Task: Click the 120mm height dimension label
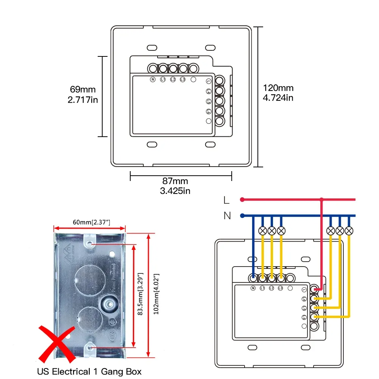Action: pyautogui.click(x=278, y=88)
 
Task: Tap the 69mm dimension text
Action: pyautogui.click(x=83, y=90)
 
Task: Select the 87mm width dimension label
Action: pyautogui.click(x=175, y=181)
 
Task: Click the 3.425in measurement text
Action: pyautogui.click(x=175, y=190)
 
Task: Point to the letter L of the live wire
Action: pyautogui.click(x=226, y=200)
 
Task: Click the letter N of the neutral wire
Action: pyautogui.click(x=227, y=216)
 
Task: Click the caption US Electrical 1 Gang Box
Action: pyautogui.click(x=89, y=371)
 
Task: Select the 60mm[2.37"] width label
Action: pyautogui.click(x=89, y=221)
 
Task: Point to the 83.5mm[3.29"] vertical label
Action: pyautogui.click(x=141, y=294)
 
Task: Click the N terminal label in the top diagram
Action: pyautogui.click(x=153, y=80)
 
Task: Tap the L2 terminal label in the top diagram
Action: pyautogui.click(x=173, y=80)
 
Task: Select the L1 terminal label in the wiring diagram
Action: pyautogui.click(x=262, y=289)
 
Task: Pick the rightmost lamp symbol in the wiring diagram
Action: pyautogui.click(x=349, y=231)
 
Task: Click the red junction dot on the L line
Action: pyautogui.click(x=321, y=199)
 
